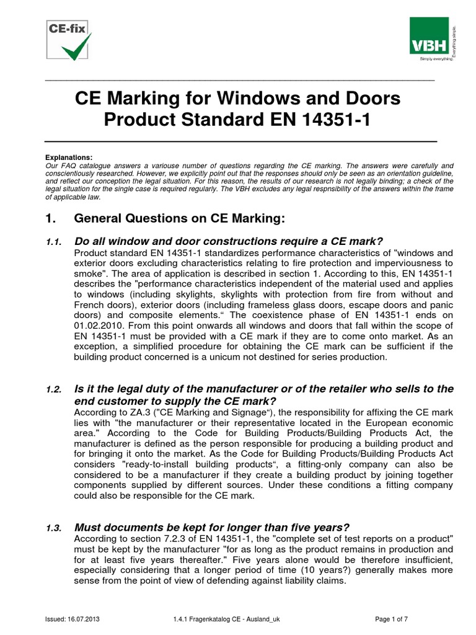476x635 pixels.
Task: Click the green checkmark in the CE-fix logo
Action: (x=78, y=47)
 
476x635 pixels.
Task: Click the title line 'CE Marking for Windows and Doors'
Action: (x=237, y=98)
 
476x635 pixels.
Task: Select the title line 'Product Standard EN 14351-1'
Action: (x=237, y=119)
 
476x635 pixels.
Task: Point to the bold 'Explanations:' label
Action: (x=69, y=158)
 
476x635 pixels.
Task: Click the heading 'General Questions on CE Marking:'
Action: (x=179, y=218)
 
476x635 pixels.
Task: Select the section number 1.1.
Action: (x=53, y=241)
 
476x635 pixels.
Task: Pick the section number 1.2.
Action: (x=53, y=389)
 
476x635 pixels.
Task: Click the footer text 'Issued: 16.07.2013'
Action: (x=74, y=619)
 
